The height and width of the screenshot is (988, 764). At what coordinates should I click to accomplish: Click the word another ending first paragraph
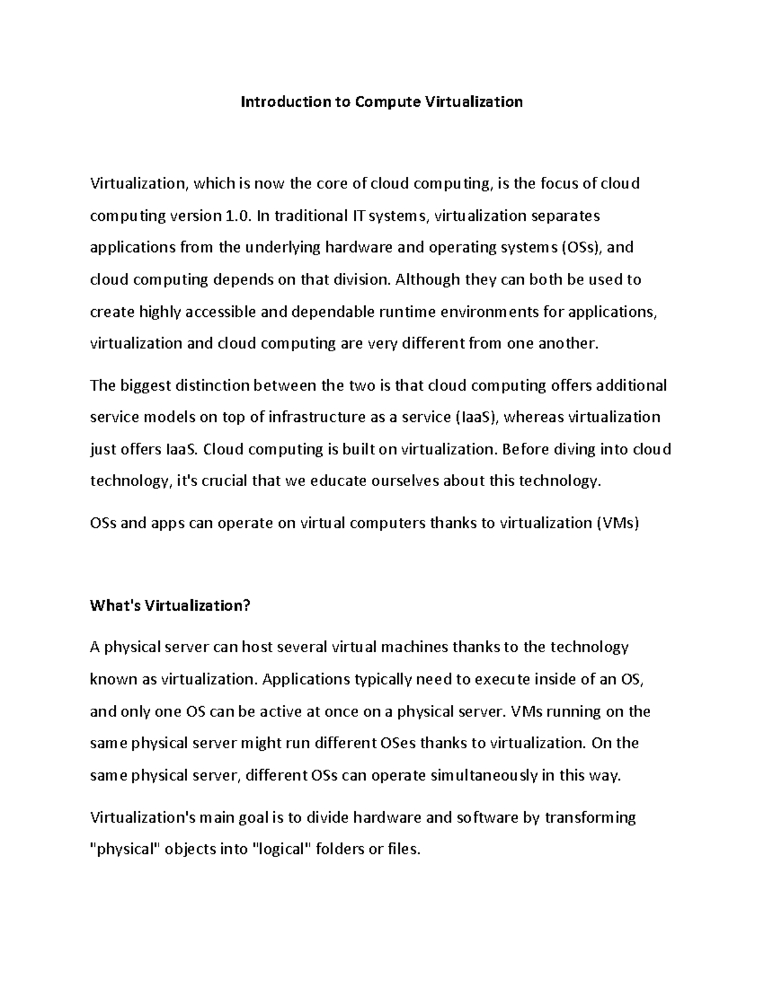pos(568,344)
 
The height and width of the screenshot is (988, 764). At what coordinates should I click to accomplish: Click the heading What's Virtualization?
pos(171,605)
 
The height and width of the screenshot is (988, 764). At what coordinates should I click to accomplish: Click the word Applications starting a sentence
pos(302,679)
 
